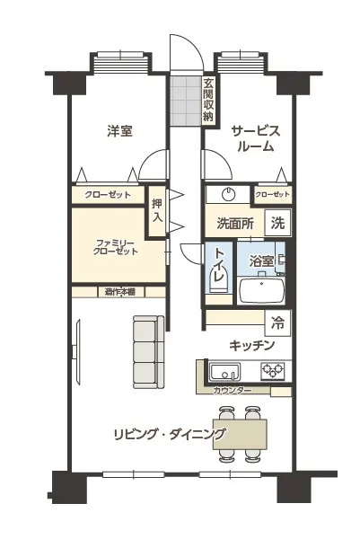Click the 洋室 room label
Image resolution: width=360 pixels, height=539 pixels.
pyautogui.click(x=120, y=131)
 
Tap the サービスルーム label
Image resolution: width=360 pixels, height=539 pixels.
pyautogui.click(x=256, y=139)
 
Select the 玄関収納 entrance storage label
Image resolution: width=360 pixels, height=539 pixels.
pyautogui.click(x=207, y=100)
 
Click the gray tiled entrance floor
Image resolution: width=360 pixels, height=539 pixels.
pyautogui.click(x=186, y=101)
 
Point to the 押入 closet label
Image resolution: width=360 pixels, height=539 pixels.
pyautogui.click(x=157, y=210)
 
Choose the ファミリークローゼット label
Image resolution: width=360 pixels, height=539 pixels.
pyautogui.click(x=115, y=247)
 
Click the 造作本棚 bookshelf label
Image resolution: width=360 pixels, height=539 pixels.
pyautogui.click(x=119, y=292)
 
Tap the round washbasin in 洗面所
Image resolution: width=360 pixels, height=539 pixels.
pyautogui.click(x=228, y=195)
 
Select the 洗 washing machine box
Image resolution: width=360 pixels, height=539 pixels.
pyautogui.click(x=277, y=223)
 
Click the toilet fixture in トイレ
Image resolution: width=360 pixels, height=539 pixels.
pyautogui.click(x=217, y=280)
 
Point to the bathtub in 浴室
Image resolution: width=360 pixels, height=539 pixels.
pyautogui.click(x=262, y=291)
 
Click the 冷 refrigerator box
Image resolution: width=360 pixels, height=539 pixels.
pyautogui.click(x=277, y=323)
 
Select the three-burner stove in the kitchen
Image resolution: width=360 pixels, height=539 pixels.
pyautogui.click(x=273, y=371)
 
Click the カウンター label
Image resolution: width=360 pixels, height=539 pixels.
pyautogui.click(x=233, y=391)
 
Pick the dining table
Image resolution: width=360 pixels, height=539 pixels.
pyautogui.click(x=240, y=434)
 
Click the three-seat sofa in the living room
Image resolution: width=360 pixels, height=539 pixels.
pyautogui.click(x=149, y=352)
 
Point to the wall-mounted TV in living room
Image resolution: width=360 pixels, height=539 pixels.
pyautogui.click(x=77, y=352)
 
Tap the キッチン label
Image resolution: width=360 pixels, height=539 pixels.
pyautogui.click(x=252, y=345)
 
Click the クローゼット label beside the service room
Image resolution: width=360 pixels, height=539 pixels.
pyautogui.click(x=272, y=195)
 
